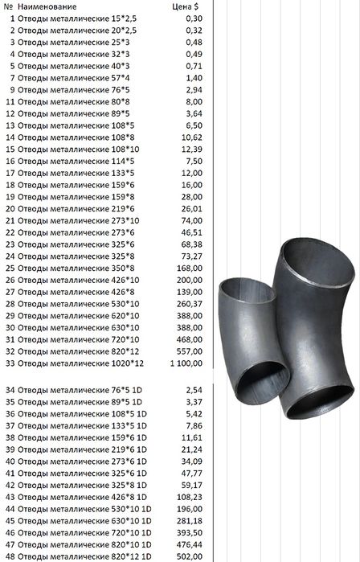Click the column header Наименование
click(47, 6)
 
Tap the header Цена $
click(185, 6)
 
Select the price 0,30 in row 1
click(194, 18)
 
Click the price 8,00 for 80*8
click(194, 102)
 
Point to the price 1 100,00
click(186, 363)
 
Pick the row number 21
click(10, 221)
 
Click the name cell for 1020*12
click(80, 363)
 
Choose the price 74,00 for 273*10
click(191, 221)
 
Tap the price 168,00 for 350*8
click(190, 269)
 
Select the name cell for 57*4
click(74, 78)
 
